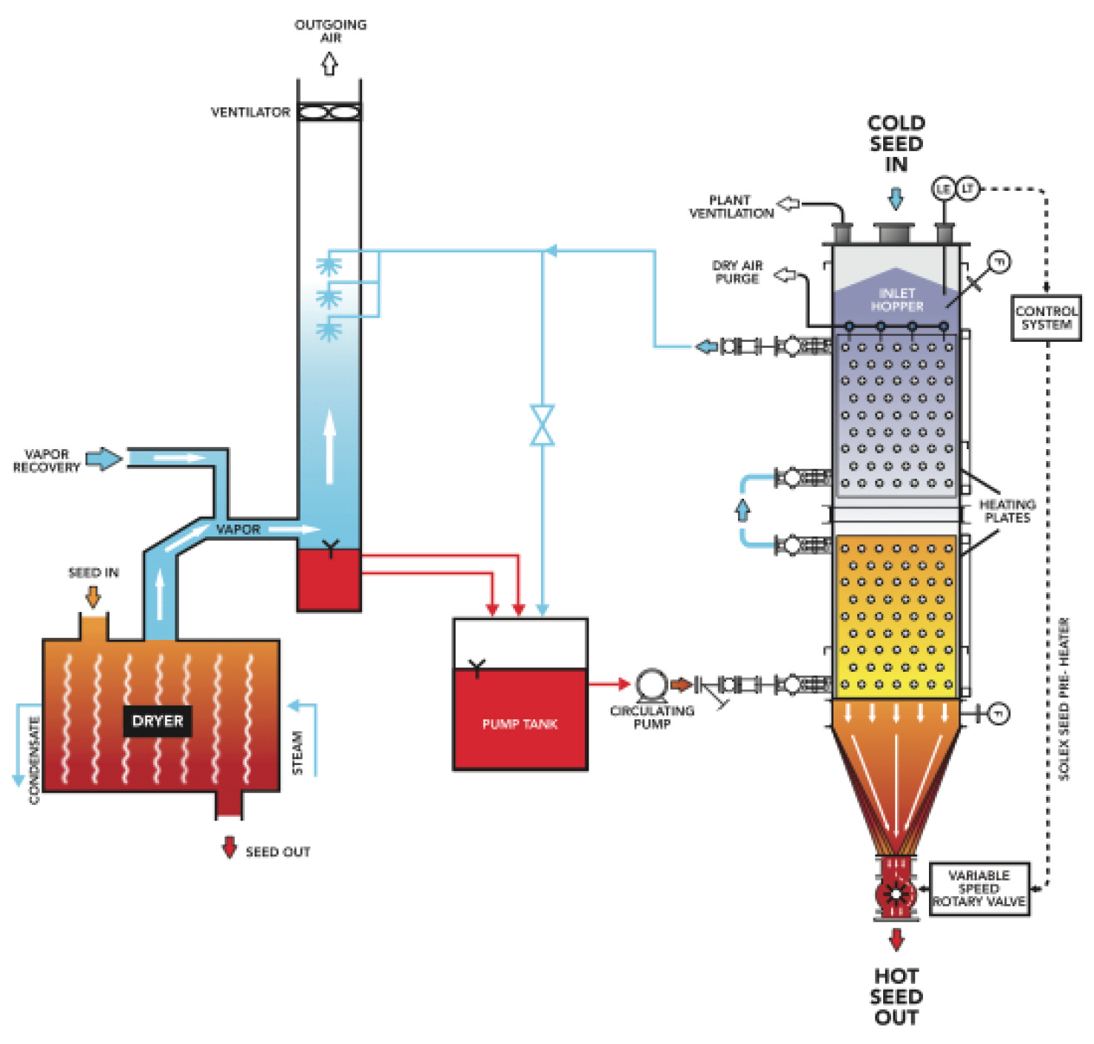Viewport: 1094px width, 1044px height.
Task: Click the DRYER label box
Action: click(x=157, y=721)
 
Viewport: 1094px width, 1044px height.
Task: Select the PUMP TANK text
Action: click(x=520, y=724)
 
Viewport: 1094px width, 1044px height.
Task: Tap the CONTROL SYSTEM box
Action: click(x=1046, y=318)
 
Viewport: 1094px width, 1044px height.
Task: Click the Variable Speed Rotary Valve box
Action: click(x=979, y=889)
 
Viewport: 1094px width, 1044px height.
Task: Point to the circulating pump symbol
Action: click(x=651, y=685)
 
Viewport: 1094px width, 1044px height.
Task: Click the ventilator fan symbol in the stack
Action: click(x=329, y=112)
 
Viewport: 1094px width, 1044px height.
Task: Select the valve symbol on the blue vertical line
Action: click(x=542, y=425)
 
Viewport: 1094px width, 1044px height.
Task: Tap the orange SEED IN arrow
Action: click(x=93, y=596)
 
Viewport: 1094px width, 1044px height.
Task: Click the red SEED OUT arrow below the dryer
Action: click(x=229, y=847)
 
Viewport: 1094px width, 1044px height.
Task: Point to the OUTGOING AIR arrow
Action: click(x=329, y=64)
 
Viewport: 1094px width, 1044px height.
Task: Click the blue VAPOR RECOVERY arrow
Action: click(x=104, y=459)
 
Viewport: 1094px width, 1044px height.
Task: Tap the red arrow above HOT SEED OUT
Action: click(x=896, y=940)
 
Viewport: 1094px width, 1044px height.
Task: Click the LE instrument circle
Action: click(x=943, y=189)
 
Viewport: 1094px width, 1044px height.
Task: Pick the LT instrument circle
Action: click(x=967, y=189)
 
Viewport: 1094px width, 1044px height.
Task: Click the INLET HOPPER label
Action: click(x=896, y=300)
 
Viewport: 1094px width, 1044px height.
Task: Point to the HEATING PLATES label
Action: click(x=1007, y=511)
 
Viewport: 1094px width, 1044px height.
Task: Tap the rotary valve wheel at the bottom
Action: click(x=896, y=893)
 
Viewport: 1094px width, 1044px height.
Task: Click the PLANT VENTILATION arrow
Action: click(x=789, y=203)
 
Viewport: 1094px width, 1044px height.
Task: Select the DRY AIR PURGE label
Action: click(x=736, y=272)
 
